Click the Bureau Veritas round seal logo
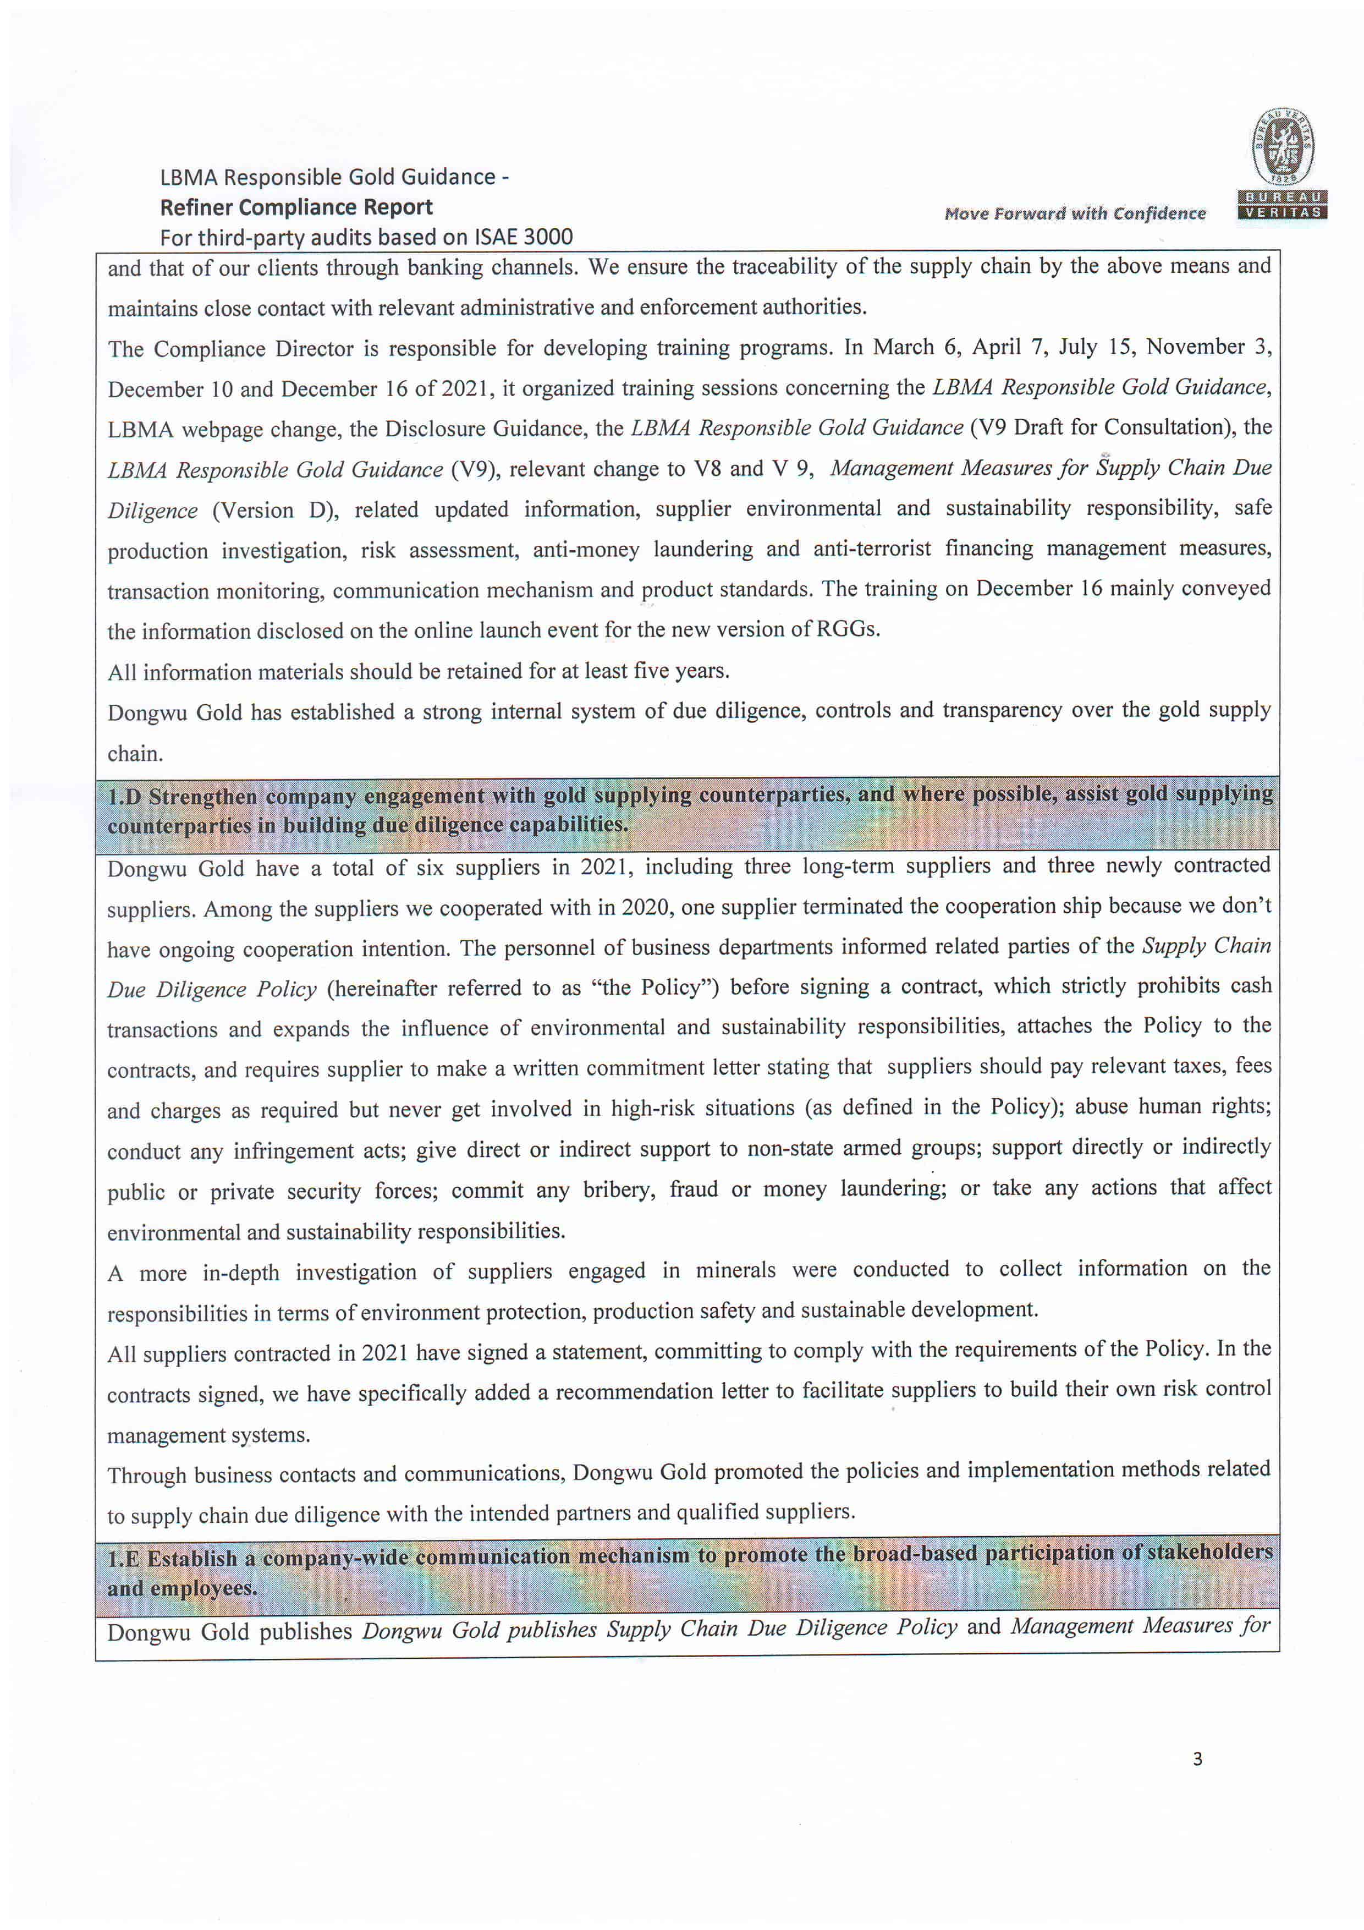pyautogui.click(x=1283, y=147)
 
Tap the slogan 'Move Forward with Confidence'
pyautogui.click(x=1074, y=213)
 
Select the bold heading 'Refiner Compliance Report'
pyautogui.click(x=296, y=207)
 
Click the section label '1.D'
pyautogui.click(x=124, y=796)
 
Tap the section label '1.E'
pyautogui.click(x=124, y=1559)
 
